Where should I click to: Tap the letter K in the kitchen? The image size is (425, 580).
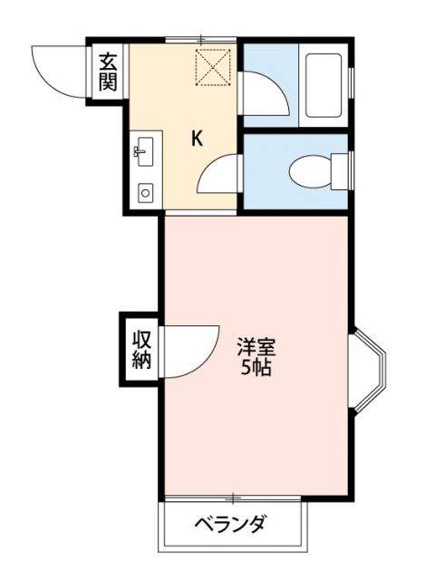point(197,139)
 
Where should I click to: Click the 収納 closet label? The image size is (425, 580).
point(141,350)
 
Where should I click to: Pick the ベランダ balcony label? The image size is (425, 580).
point(231,524)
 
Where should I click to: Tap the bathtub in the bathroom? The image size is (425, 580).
point(324,85)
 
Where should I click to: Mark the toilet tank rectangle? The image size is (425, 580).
point(341,171)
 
